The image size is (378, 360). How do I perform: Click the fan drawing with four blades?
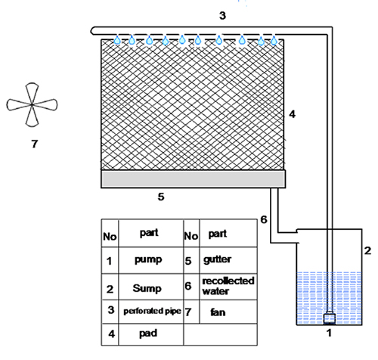(32, 104)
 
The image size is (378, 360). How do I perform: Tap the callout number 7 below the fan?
(35, 144)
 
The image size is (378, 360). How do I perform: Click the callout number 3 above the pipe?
(222, 16)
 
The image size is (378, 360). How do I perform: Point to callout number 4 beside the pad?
(292, 114)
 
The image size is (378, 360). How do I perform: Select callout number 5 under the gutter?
(161, 197)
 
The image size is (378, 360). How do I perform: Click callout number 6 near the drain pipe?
(264, 219)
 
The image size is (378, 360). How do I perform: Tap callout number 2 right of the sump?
(367, 250)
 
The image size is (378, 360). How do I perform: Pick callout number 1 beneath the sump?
(329, 333)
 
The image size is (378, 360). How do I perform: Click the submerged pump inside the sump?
(329, 318)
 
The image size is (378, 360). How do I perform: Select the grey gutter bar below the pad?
(194, 179)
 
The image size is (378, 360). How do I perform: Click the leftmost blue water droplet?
(117, 40)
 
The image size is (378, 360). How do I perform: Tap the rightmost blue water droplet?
(274, 40)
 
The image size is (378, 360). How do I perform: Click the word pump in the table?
(148, 260)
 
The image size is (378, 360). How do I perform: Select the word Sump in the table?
(147, 288)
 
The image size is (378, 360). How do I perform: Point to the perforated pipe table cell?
(152, 312)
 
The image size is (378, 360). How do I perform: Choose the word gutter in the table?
(217, 259)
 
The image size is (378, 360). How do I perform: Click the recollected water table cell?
(228, 287)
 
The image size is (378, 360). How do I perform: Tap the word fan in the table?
(218, 312)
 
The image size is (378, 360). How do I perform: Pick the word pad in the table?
(148, 334)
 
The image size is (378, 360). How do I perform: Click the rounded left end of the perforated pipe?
(92, 30)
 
